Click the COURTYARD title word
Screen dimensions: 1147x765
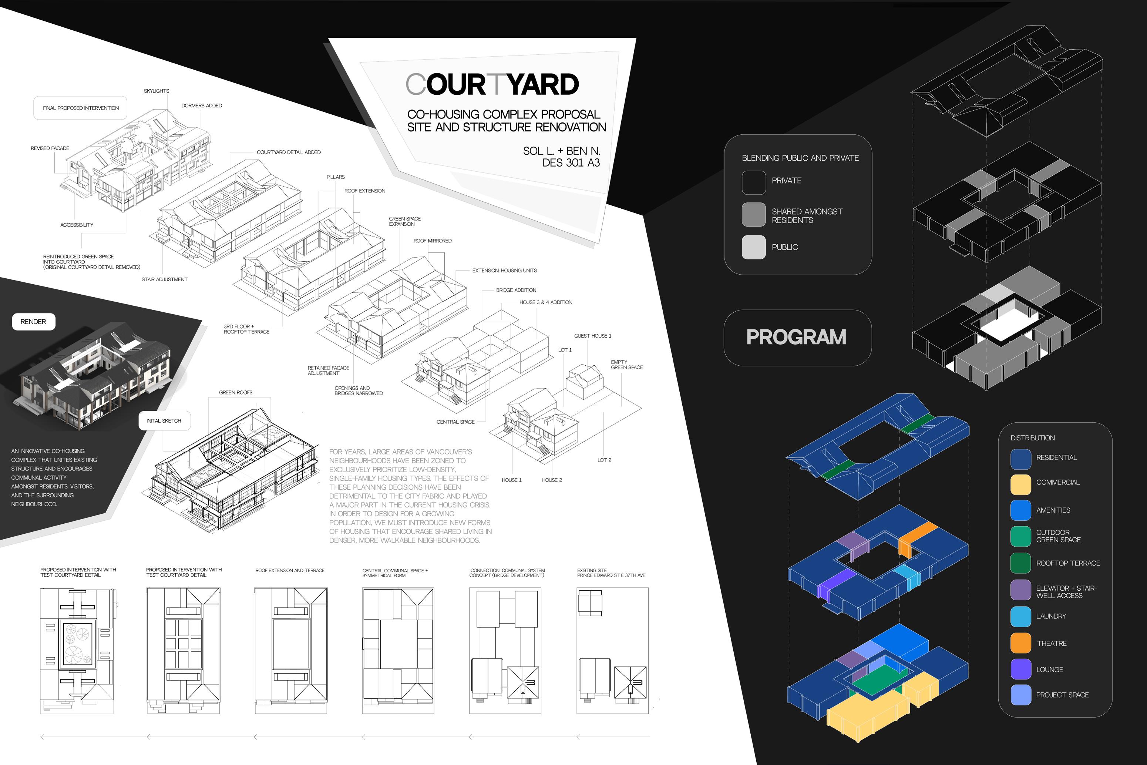point(492,84)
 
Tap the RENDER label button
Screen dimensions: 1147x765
point(33,322)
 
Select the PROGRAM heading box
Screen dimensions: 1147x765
point(797,338)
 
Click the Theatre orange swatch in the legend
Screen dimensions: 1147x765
point(1021,643)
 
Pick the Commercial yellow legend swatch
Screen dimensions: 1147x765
point(1021,484)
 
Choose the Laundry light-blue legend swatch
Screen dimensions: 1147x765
point(1021,617)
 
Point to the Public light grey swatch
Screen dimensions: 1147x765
point(753,247)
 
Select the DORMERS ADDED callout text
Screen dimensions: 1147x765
point(201,106)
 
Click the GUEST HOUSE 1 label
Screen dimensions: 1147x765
point(592,336)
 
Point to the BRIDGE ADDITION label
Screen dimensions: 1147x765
point(516,290)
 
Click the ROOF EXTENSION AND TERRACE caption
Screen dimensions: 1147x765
point(290,570)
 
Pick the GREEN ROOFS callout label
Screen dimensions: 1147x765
point(236,393)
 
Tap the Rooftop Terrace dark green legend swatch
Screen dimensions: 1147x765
point(1021,563)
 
